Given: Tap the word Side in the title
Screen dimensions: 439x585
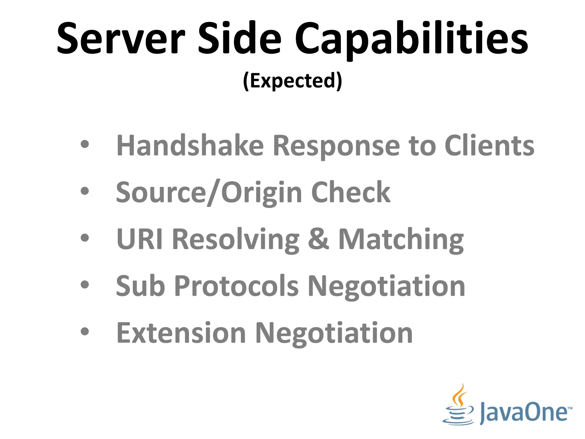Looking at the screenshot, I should click(x=239, y=39).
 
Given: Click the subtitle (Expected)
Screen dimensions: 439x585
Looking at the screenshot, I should click(x=292, y=81).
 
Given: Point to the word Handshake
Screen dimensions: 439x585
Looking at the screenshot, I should click(x=190, y=146).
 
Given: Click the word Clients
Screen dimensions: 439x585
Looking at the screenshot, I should click(x=489, y=146).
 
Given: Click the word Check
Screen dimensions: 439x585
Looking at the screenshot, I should click(x=350, y=192).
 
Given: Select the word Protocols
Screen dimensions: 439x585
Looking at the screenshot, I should click(x=236, y=286).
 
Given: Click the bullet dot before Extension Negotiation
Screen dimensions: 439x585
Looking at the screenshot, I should click(x=85, y=331).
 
